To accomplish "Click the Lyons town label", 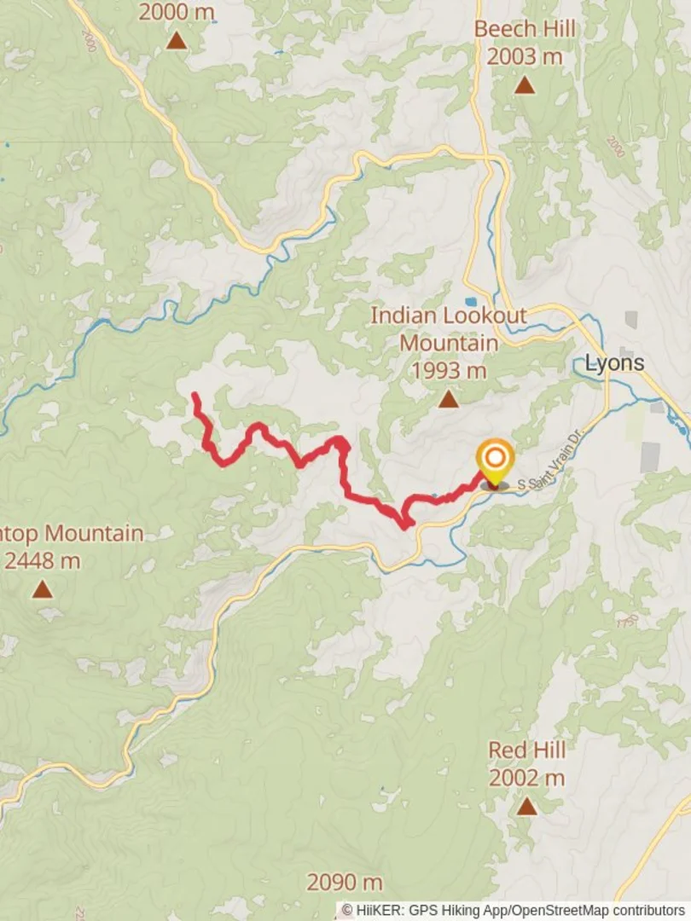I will coord(613,363).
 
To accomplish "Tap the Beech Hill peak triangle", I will coord(524,85).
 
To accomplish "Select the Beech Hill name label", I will coord(525,29).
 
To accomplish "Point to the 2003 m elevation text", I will coord(525,56).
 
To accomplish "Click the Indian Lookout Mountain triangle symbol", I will coord(448,399).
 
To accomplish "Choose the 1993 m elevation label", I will coord(448,371).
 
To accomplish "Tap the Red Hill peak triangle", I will coord(526,806).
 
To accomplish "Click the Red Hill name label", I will coord(526,750).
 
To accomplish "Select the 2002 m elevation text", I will coord(526,778).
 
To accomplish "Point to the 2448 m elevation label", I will coord(43,560).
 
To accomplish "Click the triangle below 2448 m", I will coord(42,589).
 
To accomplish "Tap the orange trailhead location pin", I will coord(494,459).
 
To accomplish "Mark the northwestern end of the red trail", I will coord(195,396).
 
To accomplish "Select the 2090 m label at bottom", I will coord(345,882).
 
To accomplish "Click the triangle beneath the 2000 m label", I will coord(176,40).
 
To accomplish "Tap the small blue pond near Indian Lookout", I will coord(471,302).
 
